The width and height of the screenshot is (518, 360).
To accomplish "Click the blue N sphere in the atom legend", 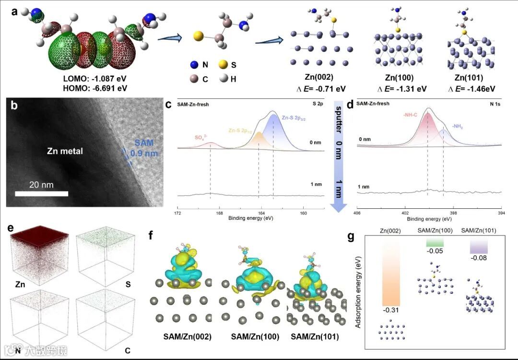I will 193,64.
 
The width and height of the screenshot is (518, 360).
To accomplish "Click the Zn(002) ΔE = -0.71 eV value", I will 319,89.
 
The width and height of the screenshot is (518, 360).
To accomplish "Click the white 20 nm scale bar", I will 41,194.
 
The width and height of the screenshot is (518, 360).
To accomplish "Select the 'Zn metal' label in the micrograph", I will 65,151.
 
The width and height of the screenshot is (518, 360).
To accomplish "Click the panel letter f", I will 152,236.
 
